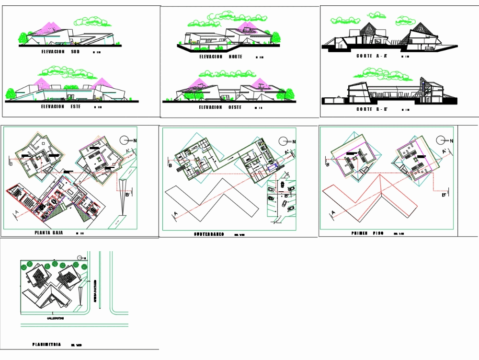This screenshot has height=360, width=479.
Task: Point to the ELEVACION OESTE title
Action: coord(220,107)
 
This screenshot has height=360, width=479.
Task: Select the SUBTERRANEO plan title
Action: coord(209,234)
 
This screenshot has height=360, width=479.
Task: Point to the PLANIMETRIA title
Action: coord(46,344)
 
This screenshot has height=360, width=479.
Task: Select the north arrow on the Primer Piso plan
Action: coord(442,140)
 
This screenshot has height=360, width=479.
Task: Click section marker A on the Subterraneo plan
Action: coord(175,214)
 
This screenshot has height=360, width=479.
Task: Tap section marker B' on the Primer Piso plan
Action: coord(444,195)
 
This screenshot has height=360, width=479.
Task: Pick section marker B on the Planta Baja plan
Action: coord(11,162)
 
